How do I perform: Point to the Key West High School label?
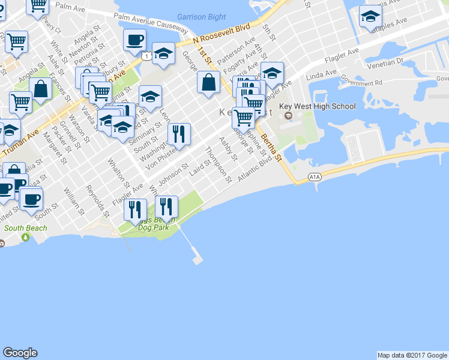coord(325,107)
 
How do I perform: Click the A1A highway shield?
coord(315,177)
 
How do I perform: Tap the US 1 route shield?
coord(147,56)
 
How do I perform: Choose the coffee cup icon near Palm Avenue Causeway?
coord(135,40)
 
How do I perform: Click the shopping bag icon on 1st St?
coord(208,83)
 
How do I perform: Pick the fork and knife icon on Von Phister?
coord(179,135)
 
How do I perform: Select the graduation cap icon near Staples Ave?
coord(370,16)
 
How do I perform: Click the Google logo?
coord(20,353)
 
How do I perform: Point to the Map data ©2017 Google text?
coord(412,355)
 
